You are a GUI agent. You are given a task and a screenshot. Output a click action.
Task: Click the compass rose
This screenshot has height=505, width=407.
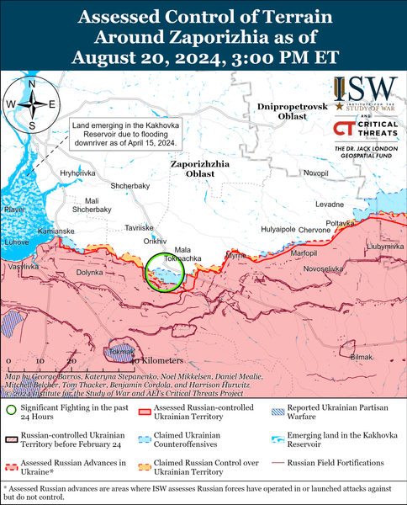click(x=30, y=104)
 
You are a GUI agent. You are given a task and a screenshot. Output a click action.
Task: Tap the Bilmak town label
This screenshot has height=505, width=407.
click(x=361, y=358)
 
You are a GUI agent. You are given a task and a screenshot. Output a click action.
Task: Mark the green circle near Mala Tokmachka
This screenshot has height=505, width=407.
click(x=161, y=273)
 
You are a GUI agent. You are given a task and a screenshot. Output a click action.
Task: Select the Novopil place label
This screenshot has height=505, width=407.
click(x=316, y=173)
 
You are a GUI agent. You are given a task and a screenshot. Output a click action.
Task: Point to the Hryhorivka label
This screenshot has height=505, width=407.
click(x=77, y=172)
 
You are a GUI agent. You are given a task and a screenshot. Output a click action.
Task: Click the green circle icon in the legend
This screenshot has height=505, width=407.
click(x=10, y=410)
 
